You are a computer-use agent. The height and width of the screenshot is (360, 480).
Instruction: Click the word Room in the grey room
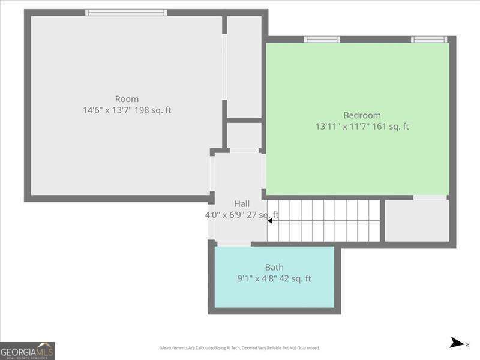[127, 99]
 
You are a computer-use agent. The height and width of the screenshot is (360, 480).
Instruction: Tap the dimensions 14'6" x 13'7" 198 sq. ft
[127, 110]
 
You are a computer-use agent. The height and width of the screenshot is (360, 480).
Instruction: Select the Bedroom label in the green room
[362, 115]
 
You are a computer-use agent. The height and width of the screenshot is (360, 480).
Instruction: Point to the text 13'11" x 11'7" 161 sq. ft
[362, 127]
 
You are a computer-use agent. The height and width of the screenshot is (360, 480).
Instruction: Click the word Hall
[242, 204]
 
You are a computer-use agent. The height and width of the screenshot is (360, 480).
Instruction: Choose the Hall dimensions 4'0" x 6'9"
[242, 215]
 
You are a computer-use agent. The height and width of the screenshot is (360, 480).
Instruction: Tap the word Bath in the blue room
[274, 268]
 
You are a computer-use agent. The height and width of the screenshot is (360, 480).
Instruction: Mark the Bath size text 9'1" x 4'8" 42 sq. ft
[274, 278]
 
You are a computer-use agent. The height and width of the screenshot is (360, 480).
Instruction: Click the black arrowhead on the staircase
[270, 221]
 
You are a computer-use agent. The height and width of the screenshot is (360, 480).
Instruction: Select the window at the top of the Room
[126, 12]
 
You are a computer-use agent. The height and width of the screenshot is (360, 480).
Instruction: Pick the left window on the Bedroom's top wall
[322, 40]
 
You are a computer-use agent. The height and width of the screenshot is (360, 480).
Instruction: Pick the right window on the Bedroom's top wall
[429, 40]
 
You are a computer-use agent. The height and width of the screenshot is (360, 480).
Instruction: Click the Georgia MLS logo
[27, 350]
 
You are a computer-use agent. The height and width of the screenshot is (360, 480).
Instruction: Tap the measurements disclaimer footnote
[239, 348]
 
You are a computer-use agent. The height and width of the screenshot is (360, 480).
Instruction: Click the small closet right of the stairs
[417, 220]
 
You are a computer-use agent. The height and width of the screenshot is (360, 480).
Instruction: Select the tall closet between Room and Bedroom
[244, 66]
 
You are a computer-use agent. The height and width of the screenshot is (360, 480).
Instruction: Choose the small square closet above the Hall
[244, 136]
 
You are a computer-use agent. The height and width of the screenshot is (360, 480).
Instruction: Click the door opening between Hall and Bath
[233, 244]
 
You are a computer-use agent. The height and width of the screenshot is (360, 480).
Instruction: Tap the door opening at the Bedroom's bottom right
[430, 197]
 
